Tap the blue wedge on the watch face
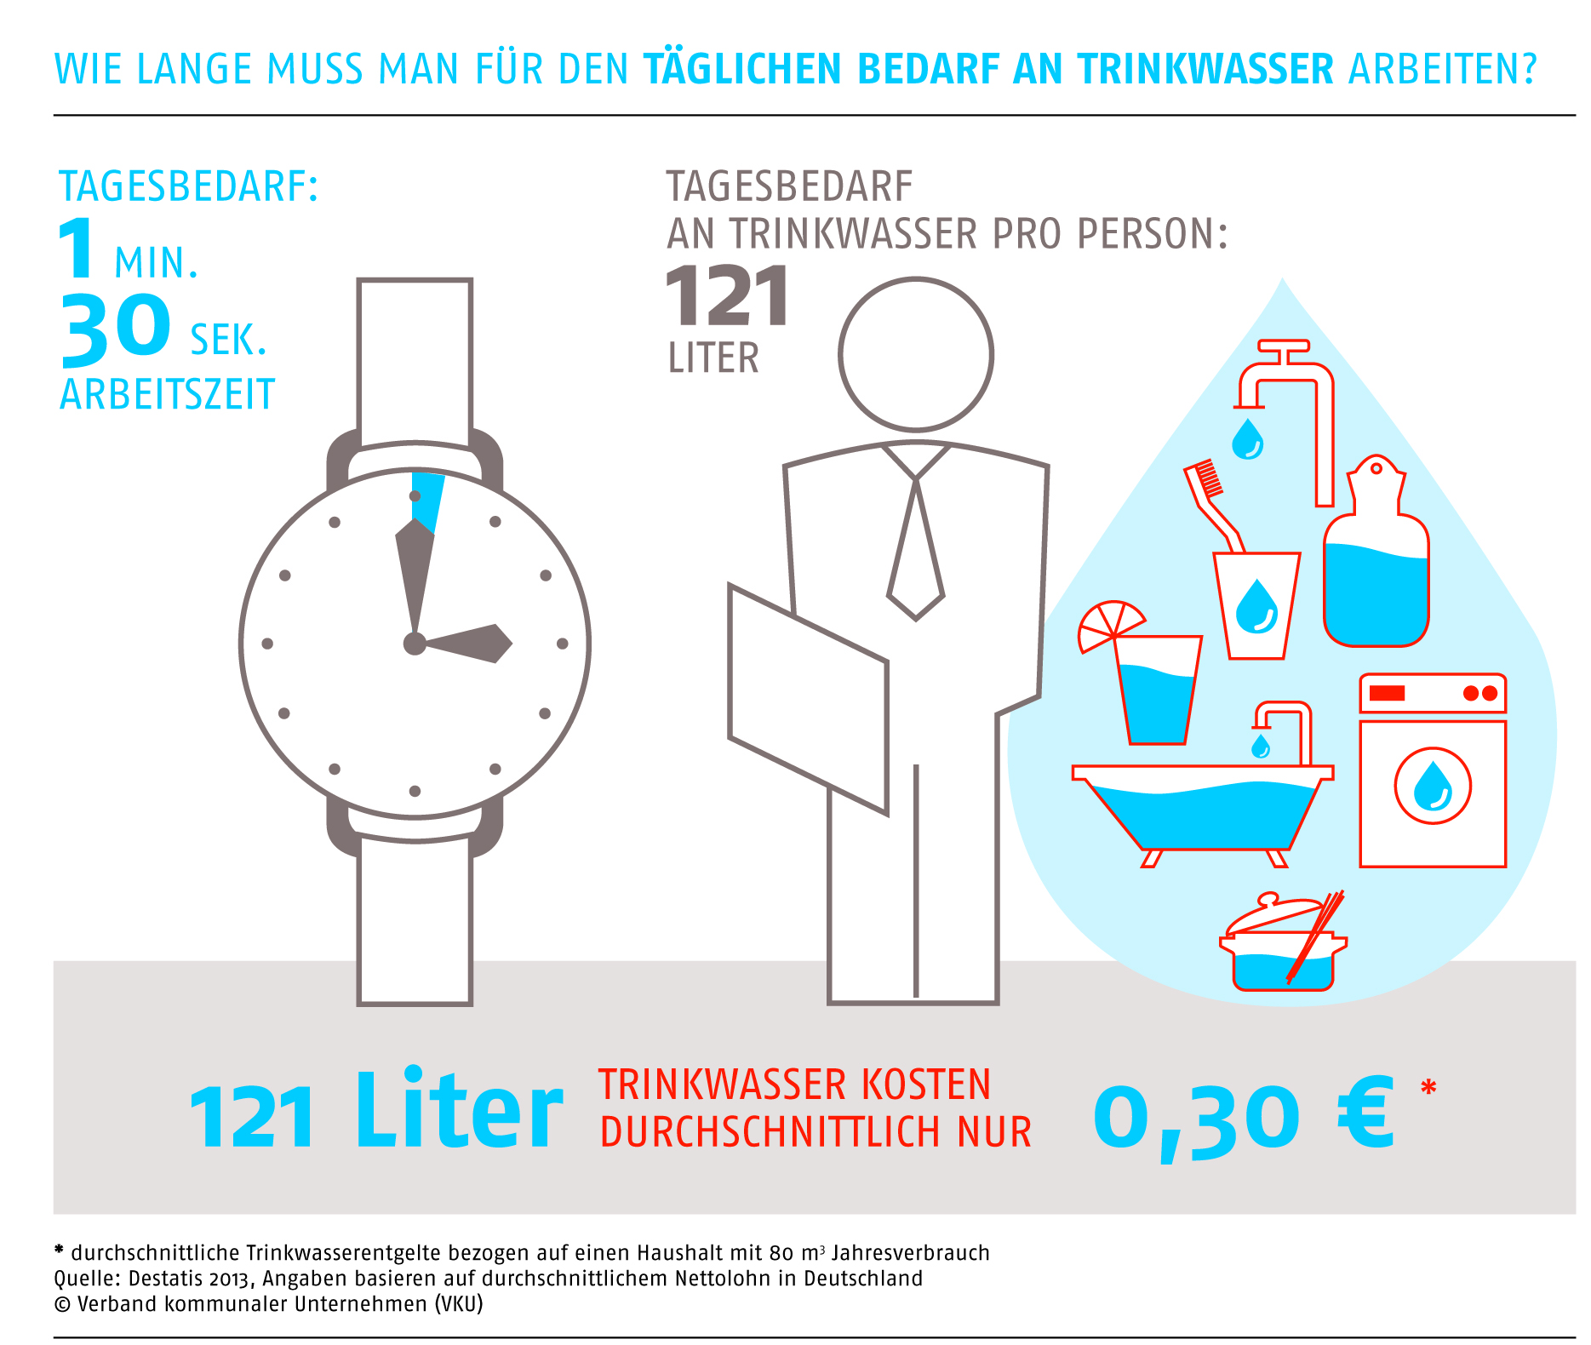(429, 498)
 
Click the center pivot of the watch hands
(415, 644)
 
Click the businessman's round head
(916, 354)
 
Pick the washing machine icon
(1433, 770)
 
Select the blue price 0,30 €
(1243, 1115)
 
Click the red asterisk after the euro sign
(1428, 1088)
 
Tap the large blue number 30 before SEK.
(116, 327)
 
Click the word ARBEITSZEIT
(168, 395)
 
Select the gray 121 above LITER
(727, 297)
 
